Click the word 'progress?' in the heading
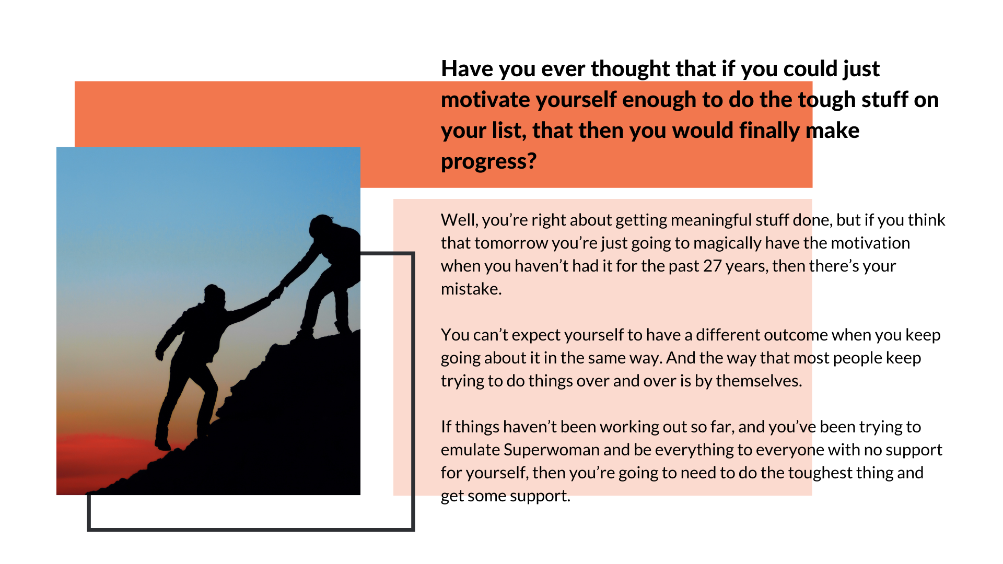coord(488,162)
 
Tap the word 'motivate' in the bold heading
coord(484,100)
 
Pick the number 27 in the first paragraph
coord(712,266)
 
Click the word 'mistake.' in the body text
coord(471,289)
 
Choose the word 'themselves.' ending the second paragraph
coord(759,381)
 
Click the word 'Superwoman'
coord(551,450)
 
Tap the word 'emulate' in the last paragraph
coord(470,450)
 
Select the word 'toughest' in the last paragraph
coord(820,473)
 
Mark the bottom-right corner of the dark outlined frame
coord(413,530)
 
